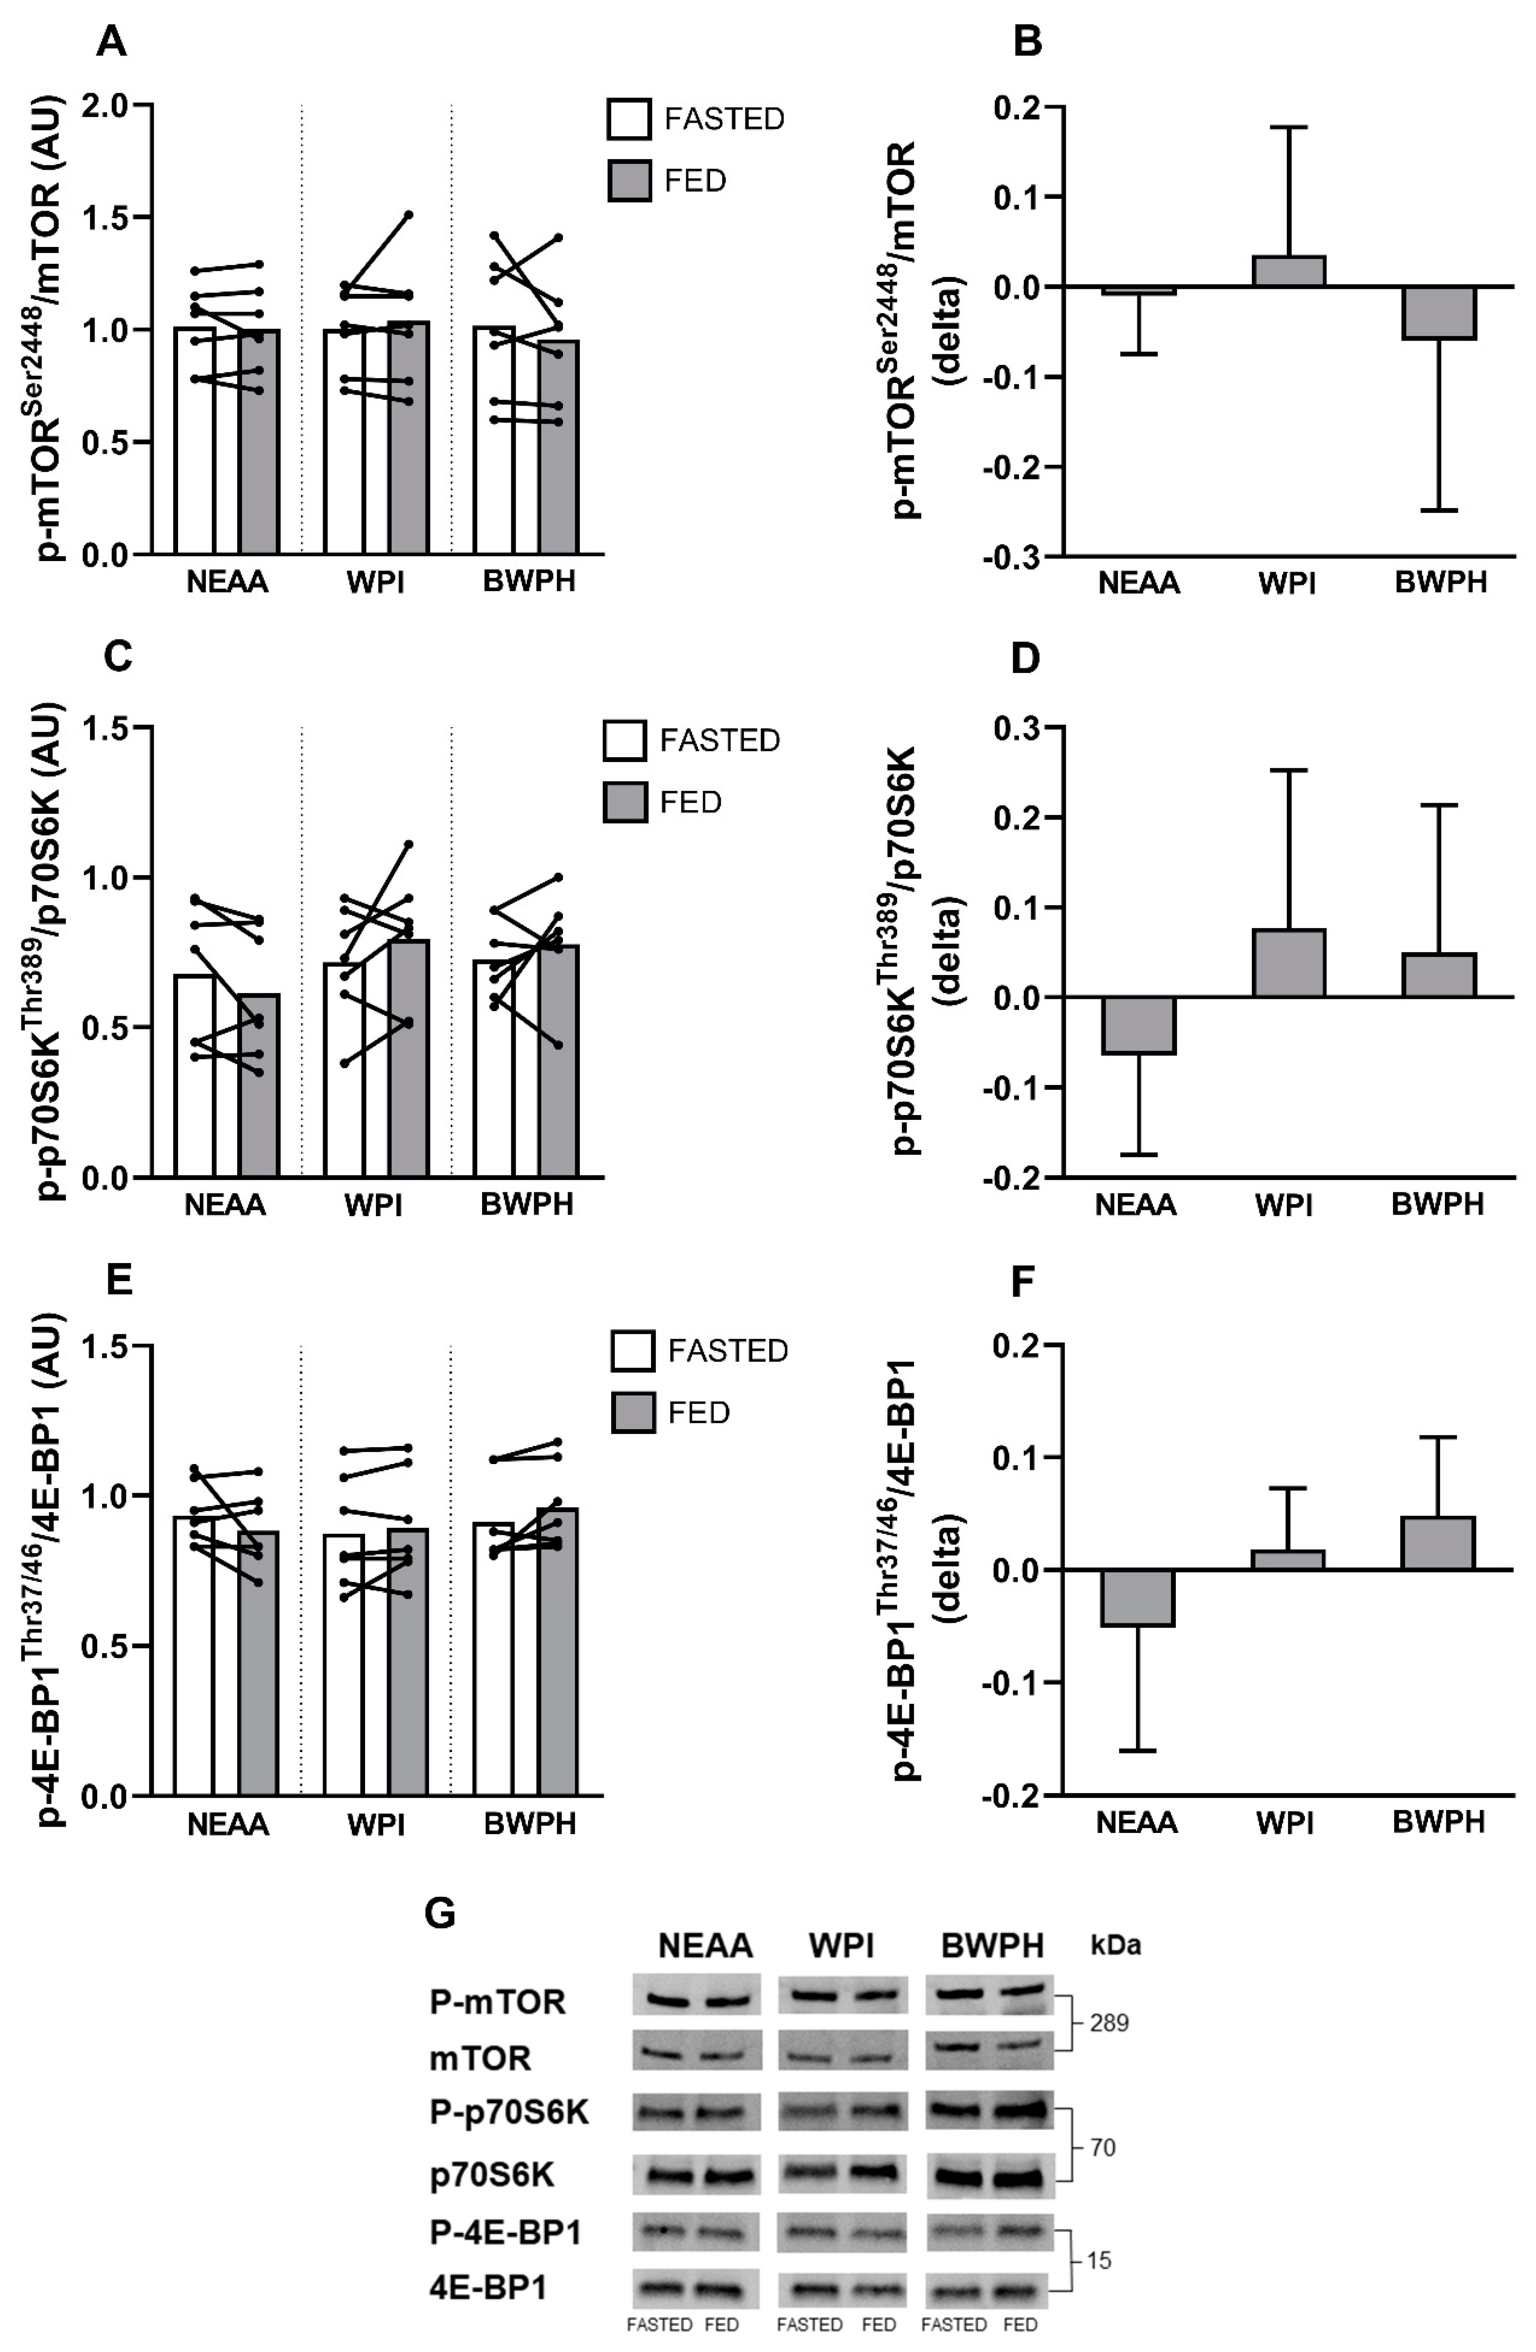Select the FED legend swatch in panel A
point(629,181)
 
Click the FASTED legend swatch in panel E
point(633,1351)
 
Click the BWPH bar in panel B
point(1439,312)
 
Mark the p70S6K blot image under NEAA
point(697,2176)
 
